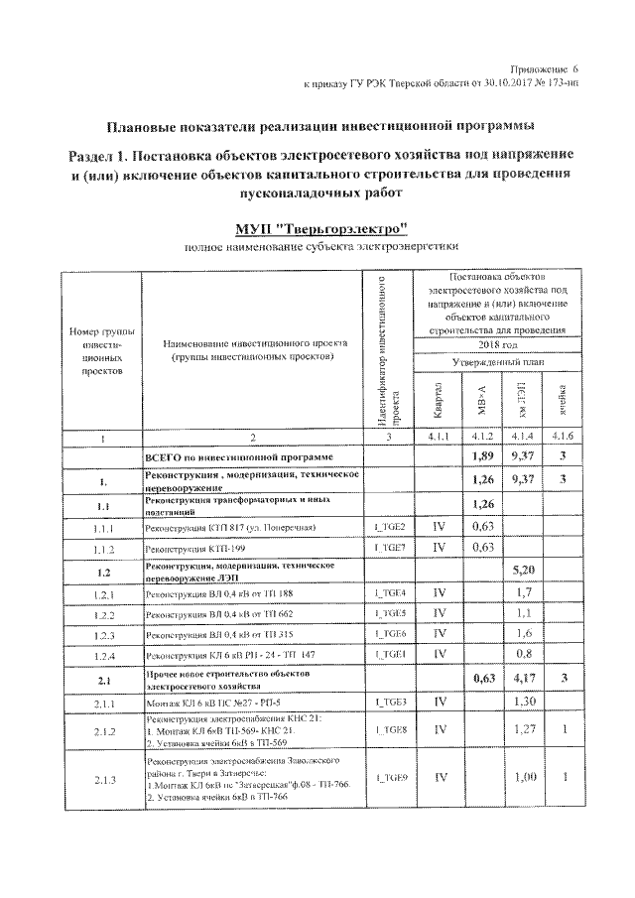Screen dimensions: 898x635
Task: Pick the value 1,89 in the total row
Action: (481, 457)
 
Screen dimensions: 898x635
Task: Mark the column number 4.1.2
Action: (481, 436)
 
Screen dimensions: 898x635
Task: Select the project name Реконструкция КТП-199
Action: (186, 548)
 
